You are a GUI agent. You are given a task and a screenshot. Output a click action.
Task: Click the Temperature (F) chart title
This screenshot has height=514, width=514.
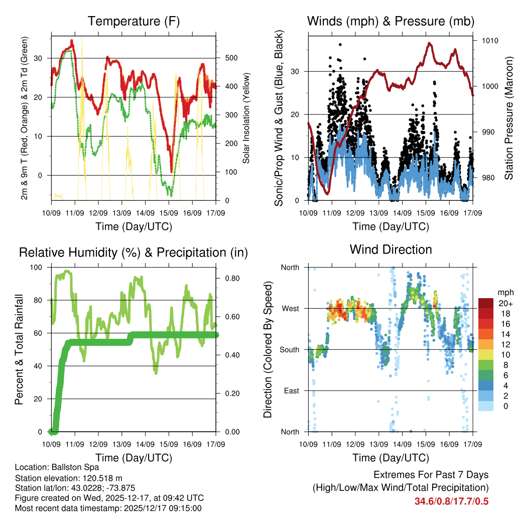click(134, 21)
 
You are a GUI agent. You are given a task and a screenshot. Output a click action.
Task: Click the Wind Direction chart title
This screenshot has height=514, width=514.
click(391, 249)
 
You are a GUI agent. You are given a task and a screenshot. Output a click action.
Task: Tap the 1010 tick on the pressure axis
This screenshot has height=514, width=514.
click(489, 41)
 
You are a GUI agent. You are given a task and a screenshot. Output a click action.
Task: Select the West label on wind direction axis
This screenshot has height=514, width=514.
click(290, 308)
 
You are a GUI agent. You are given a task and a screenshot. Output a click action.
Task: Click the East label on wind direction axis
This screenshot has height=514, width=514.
click(291, 391)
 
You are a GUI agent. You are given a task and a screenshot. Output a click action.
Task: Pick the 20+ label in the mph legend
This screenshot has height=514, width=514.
click(504, 303)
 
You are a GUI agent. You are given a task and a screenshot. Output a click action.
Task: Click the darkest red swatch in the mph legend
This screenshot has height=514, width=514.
click(485, 303)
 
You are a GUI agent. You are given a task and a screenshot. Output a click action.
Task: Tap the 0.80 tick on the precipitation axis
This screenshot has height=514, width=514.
click(229, 278)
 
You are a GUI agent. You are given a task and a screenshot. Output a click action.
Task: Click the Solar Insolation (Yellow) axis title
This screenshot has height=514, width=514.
click(246, 118)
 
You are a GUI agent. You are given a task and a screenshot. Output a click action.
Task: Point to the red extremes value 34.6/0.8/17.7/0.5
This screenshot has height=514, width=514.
click(451, 501)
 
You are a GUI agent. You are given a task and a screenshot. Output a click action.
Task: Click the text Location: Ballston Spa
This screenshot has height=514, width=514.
click(57, 467)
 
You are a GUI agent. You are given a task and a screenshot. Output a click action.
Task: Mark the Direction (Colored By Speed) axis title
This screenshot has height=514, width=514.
click(268, 349)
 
